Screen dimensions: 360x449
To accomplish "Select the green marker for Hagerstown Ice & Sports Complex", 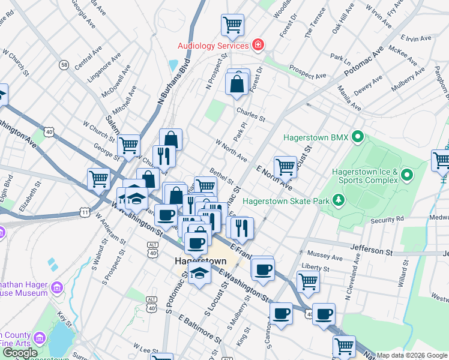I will click(x=407, y=176).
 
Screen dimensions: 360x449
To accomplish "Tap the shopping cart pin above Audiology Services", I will click(x=232, y=26).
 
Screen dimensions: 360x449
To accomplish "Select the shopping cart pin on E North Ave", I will click(x=285, y=167).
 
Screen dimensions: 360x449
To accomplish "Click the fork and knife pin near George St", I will click(x=164, y=157).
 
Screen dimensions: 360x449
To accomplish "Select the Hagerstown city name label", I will click(x=200, y=261).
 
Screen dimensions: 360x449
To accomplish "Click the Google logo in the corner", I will click(x=20, y=353).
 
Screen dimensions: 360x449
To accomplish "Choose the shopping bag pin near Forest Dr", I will click(x=237, y=85).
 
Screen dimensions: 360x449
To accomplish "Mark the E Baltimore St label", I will click(x=199, y=328).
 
